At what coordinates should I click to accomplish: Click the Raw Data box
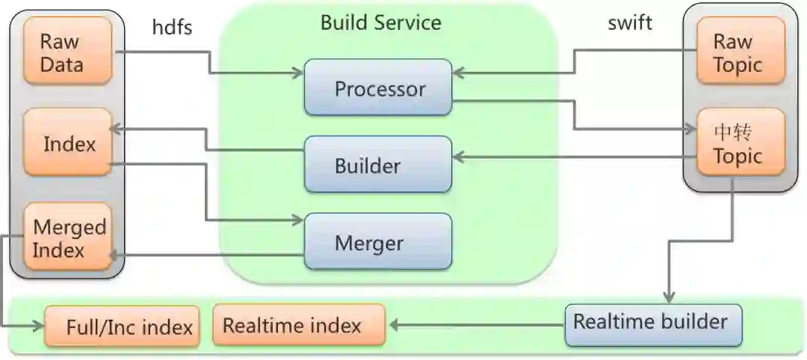pyautogui.click(x=67, y=52)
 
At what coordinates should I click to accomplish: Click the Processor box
pyautogui.click(x=378, y=88)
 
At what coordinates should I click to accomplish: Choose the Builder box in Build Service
pyautogui.click(x=378, y=164)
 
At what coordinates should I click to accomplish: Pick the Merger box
pyautogui.click(x=378, y=242)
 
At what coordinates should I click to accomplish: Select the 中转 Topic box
pyautogui.click(x=740, y=144)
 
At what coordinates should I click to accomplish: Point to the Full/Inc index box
pyautogui.click(x=122, y=326)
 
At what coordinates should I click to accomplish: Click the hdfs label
pyautogui.click(x=172, y=27)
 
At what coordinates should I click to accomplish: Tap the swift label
pyautogui.click(x=630, y=22)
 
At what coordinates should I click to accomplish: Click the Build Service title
pyautogui.click(x=380, y=22)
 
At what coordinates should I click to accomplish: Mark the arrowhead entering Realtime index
pyautogui.click(x=391, y=325)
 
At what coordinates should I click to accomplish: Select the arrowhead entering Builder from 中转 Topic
pyautogui.click(x=458, y=157)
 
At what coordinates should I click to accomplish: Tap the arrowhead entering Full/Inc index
pyautogui.click(x=40, y=326)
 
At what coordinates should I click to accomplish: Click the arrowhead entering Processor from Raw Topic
pyautogui.click(x=458, y=72)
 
